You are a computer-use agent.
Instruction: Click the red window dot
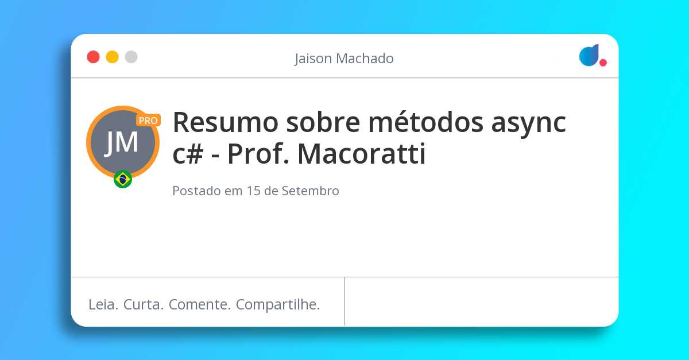tap(93, 57)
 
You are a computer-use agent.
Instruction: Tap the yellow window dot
tap(112, 57)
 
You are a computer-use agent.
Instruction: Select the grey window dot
tap(131, 57)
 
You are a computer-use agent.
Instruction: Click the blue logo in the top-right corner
tap(589, 56)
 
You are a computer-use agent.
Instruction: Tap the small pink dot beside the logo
tap(603, 63)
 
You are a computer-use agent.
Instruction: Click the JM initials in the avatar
tap(122, 142)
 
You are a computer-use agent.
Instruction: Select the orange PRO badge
tap(148, 121)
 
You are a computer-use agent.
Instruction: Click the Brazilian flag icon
tap(123, 179)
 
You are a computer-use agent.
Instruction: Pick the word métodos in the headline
tap(416, 122)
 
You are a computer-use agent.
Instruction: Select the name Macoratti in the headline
tap(362, 154)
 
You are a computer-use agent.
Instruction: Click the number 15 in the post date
tap(254, 191)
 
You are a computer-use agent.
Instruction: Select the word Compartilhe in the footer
tap(278, 304)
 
